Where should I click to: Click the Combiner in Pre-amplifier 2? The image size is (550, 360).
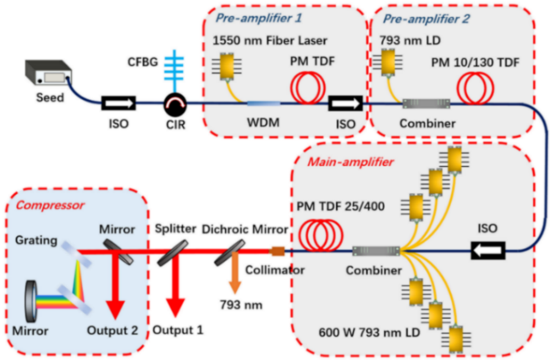[426, 103]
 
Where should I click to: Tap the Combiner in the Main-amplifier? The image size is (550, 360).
[377, 250]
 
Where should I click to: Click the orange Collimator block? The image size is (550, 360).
[278, 250]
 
